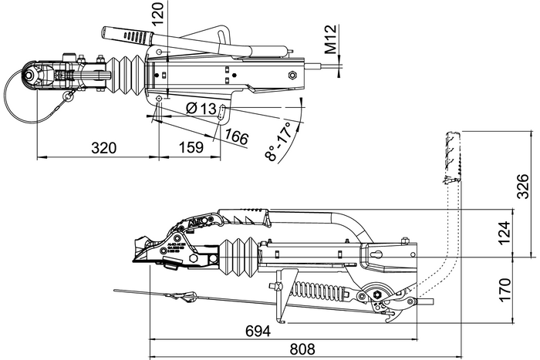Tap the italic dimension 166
coord(237,137)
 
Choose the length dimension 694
coord(258,331)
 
